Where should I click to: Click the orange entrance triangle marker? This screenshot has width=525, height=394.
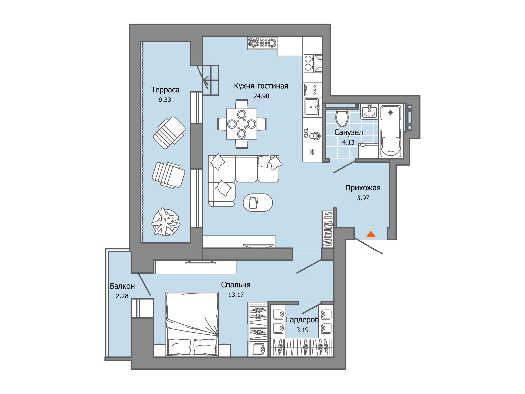tap(371, 234)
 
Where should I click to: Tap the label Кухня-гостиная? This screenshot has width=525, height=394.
tap(261, 86)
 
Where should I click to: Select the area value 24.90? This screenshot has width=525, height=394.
tap(261, 96)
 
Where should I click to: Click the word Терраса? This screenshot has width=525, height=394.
tap(165, 90)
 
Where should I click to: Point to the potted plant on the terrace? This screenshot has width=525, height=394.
tap(165, 222)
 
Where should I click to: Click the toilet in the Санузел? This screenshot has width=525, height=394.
tap(342, 118)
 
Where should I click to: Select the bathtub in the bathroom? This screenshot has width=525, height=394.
tap(390, 131)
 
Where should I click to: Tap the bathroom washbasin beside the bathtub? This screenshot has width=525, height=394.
tap(369, 112)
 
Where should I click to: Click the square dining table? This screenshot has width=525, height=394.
tap(241, 124)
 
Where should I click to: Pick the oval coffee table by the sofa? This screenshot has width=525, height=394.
tap(258, 203)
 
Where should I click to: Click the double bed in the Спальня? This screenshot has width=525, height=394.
tap(192, 324)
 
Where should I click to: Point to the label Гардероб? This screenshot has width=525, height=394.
tap(303, 320)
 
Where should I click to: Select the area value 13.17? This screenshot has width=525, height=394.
tap(236, 295)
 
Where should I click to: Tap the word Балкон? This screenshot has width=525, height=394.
tap(122, 286)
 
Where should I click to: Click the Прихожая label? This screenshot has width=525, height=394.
tap(363, 188)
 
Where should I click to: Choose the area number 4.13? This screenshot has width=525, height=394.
tap(348, 142)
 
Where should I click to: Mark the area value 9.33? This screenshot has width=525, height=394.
tap(165, 100)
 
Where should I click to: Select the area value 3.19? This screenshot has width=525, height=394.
tap(303, 330)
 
